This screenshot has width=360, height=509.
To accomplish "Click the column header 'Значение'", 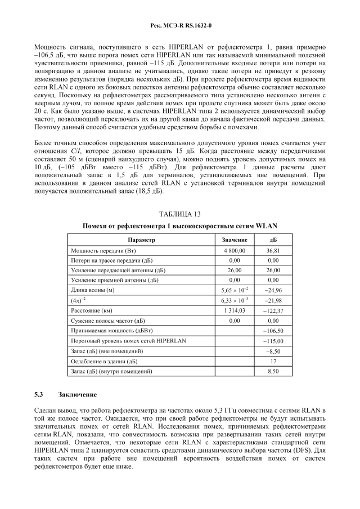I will (x=235, y=240).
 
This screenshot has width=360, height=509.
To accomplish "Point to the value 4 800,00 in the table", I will (x=235, y=250).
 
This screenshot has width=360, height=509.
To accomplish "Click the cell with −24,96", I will (x=273, y=290).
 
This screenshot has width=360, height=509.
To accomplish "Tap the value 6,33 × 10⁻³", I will (x=235, y=300).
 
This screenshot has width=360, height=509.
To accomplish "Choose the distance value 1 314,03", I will (x=235, y=310).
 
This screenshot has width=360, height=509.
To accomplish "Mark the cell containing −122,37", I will (x=273, y=310).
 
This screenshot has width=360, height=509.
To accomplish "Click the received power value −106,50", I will (x=273, y=331).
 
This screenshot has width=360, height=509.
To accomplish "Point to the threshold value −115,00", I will (x=273, y=341).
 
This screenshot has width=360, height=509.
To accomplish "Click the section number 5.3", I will (x=39, y=394).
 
